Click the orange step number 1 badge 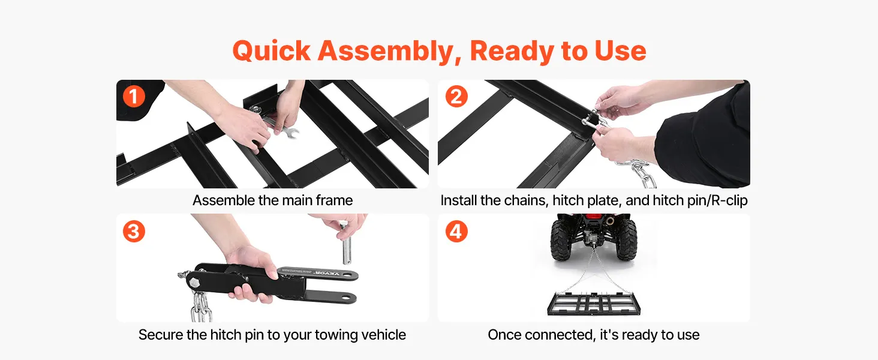click(134, 97)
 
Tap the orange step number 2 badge click(456, 97)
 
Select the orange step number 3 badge click(134, 231)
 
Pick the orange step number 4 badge click(456, 231)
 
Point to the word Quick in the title click(271, 51)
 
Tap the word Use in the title click(620, 51)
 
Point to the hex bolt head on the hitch click(194, 284)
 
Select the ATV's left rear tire click(562, 239)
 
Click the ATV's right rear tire click(626, 239)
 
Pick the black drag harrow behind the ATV click(594, 304)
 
